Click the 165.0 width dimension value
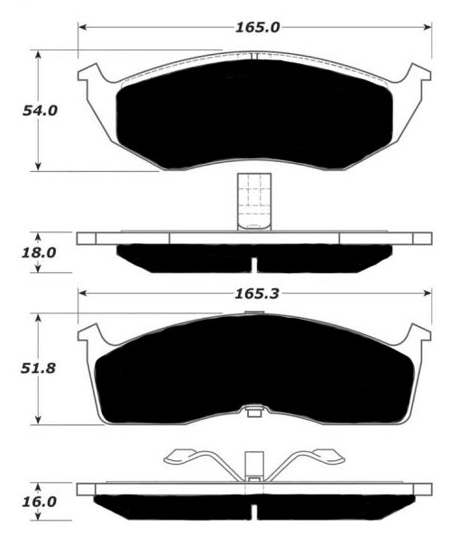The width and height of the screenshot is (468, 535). [258, 27]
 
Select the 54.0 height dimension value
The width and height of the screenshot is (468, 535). [40, 111]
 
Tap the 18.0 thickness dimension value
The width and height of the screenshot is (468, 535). [39, 253]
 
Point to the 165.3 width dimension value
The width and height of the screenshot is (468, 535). [257, 294]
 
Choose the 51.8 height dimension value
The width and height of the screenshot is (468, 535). [38, 368]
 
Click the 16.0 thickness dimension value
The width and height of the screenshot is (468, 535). [39, 503]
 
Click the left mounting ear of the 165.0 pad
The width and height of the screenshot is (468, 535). [89, 73]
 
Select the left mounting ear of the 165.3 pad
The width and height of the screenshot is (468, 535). [89, 333]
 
